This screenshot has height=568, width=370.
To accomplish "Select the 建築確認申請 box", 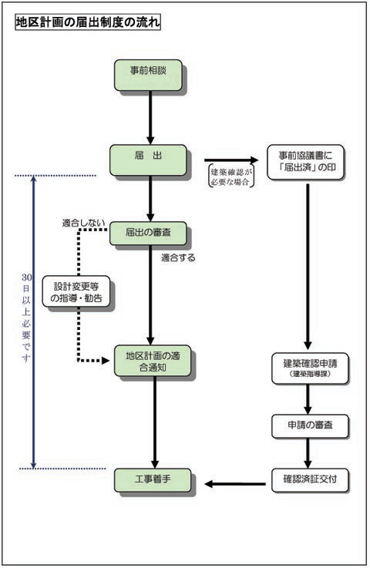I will click(308, 367).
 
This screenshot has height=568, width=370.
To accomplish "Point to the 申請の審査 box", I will click(308, 425).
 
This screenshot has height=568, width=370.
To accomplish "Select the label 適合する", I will click(178, 258).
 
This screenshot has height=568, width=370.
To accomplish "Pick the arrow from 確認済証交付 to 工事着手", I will click(235, 484).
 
